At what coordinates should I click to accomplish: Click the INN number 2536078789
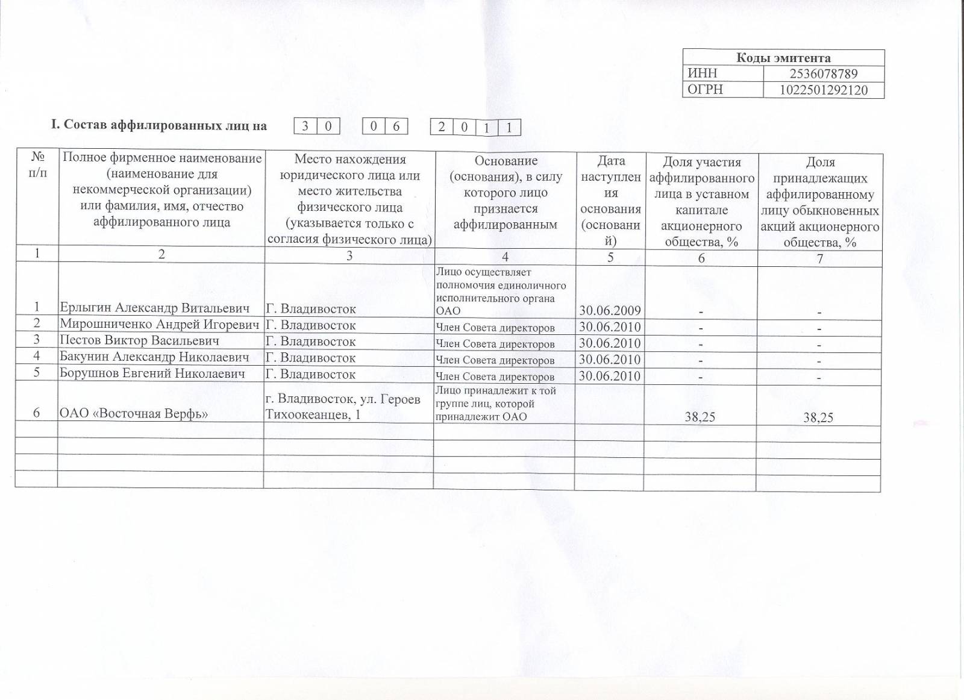823,74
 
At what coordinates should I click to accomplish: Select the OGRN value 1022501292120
823,90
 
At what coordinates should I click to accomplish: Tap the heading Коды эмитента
783,58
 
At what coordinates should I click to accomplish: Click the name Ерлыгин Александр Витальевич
154,308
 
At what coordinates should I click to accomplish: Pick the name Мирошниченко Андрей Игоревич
160,325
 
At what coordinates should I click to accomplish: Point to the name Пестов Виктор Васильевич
139,341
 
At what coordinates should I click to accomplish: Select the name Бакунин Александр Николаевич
154,357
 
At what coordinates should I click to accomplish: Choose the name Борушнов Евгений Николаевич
152,373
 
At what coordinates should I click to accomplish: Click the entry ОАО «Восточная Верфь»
134,414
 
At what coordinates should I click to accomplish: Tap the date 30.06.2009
610,311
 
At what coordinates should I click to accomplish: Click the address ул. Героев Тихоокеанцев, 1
342,407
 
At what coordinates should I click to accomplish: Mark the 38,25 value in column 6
700,416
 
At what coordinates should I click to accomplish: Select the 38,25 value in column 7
818,417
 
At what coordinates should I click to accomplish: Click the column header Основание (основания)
505,193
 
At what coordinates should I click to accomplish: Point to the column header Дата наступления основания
610,201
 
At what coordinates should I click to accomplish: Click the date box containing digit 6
396,127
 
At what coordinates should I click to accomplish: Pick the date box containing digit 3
305,127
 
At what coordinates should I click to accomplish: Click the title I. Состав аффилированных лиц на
159,125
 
